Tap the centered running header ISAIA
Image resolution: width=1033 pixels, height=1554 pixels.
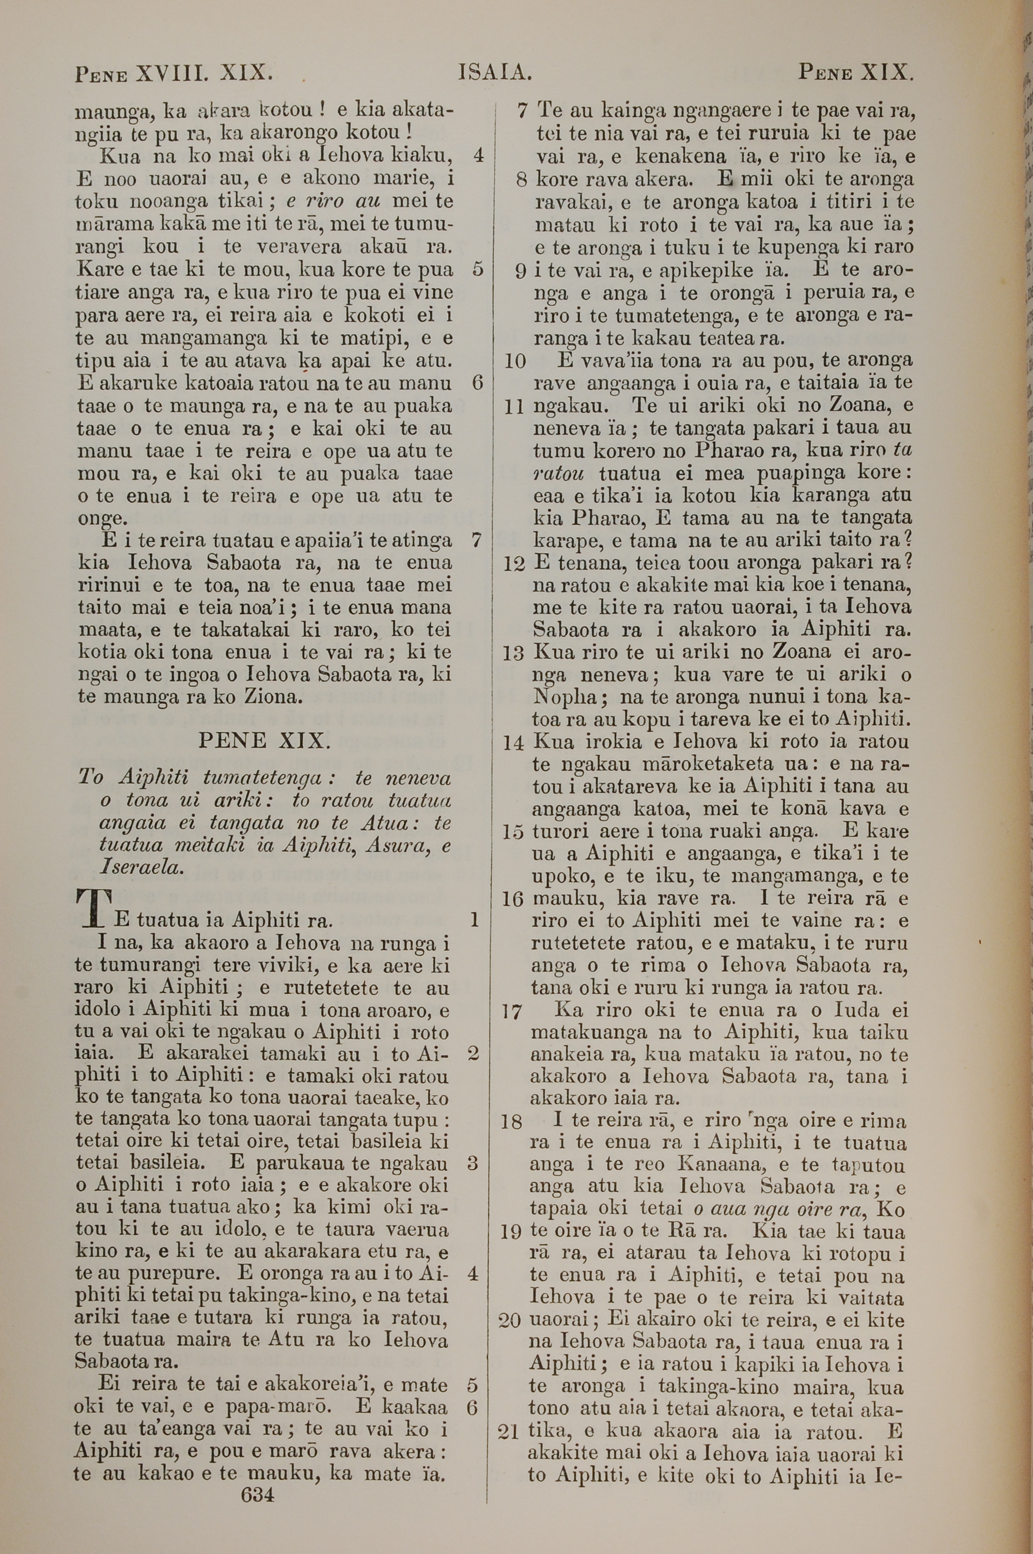pyautogui.click(x=495, y=72)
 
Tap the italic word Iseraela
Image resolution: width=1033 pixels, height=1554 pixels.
pyautogui.click(x=139, y=867)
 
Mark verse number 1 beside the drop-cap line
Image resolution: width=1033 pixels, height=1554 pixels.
pyautogui.click(x=473, y=919)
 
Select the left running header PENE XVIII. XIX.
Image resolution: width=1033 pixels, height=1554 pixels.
pyautogui.click(x=174, y=72)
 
